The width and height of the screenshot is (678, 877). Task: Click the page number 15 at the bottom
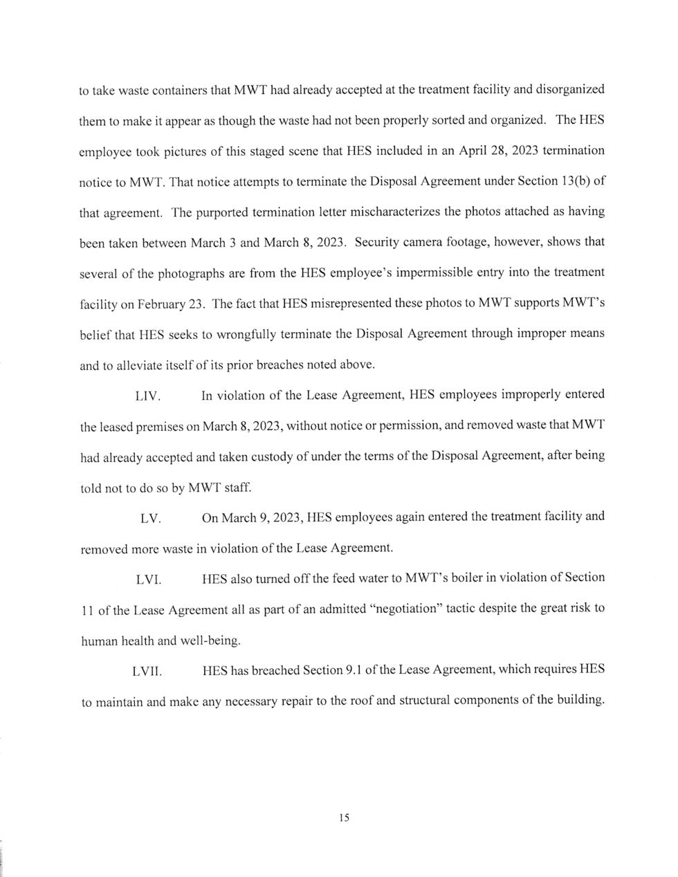click(x=345, y=818)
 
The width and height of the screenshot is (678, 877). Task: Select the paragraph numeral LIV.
click(x=147, y=397)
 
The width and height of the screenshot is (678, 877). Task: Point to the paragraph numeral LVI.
click(x=148, y=580)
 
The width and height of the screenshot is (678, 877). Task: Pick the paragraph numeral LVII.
click(x=147, y=672)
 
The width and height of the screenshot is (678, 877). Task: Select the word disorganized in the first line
click(x=570, y=90)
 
